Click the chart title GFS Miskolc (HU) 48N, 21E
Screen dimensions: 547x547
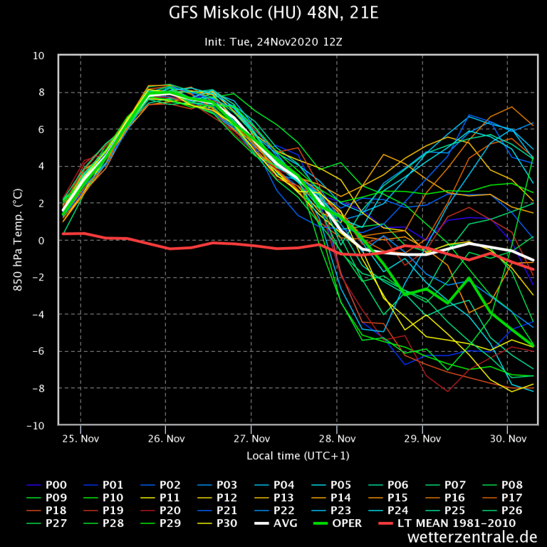pyautogui.click(x=273, y=14)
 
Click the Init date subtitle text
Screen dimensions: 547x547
pyautogui.click(x=273, y=42)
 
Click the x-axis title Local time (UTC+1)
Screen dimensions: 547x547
pyautogui.click(x=298, y=455)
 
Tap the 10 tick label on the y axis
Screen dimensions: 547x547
pyautogui.click(x=38, y=56)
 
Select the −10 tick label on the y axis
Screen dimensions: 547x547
pyautogui.click(x=36, y=425)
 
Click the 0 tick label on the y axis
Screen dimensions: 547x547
pyautogui.click(x=41, y=241)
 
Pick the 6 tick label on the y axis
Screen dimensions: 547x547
pyautogui.click(x=41, y=130)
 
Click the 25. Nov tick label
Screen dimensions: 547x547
pyautogui.click(x=80, y=439)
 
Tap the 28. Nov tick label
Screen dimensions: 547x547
pyautogui.click(x=337, y=439)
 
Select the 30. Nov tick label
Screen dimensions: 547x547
pyautogui.click(x=507, y=439)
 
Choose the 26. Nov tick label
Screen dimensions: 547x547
pyautogui.click(x=166, y=439)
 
